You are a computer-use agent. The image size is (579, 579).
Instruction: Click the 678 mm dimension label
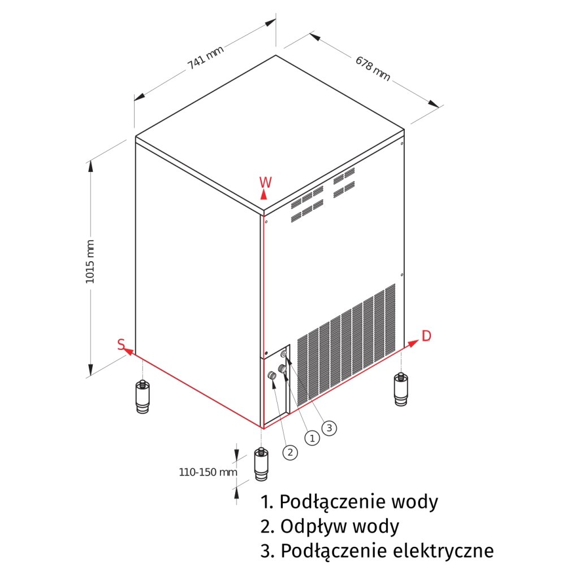pos(373,68)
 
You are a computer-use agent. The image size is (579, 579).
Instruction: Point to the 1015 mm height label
pos(90,261)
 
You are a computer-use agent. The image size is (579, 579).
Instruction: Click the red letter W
pos(265,182)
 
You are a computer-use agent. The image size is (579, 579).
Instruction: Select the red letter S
pos(121,344)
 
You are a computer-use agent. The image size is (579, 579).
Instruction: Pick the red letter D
pos(426,336)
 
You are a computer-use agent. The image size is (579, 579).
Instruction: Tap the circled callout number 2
pos(289,452)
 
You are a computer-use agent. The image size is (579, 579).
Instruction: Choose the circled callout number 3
pos(329,427)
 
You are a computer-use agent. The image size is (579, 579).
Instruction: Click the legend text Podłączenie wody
pos(349,502)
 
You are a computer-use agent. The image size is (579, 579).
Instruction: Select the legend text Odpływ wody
pos(330,526)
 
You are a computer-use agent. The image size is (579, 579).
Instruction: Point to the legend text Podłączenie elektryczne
pos(377,551)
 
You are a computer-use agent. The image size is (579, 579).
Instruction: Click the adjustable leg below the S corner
pos(142,397)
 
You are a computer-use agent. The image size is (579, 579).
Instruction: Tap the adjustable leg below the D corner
pos(401,390)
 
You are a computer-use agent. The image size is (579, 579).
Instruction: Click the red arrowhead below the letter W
pos(263,194)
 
